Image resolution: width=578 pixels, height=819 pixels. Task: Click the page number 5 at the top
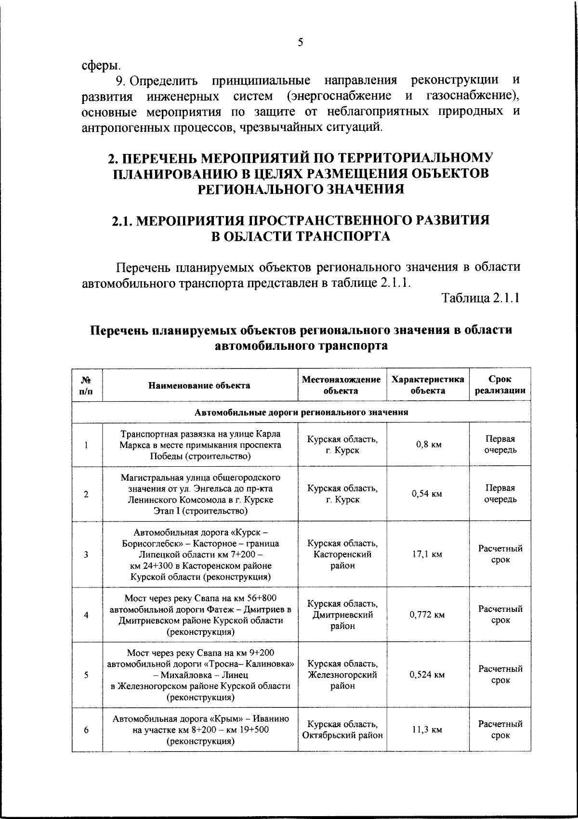[300, 42]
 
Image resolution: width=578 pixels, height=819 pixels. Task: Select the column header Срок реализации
[500, 385]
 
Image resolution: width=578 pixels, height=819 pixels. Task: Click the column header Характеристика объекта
[428, 385]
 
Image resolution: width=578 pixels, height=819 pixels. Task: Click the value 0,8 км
[428, 445]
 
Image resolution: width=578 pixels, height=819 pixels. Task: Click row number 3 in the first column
[86, 554]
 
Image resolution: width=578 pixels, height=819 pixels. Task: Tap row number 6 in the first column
[86, 730]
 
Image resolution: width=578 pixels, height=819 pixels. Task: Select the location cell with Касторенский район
[342, 554]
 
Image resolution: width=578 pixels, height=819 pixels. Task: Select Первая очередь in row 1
[500, 445]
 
